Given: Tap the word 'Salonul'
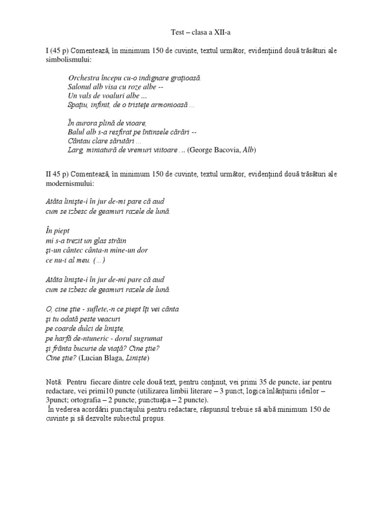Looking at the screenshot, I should point(79,87).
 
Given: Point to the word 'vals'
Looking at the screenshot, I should point(85,96).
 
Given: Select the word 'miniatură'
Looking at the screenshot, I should point(101,150).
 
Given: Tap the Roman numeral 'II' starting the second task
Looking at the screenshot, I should point(48,174).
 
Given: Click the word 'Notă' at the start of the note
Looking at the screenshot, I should point(53,381).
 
